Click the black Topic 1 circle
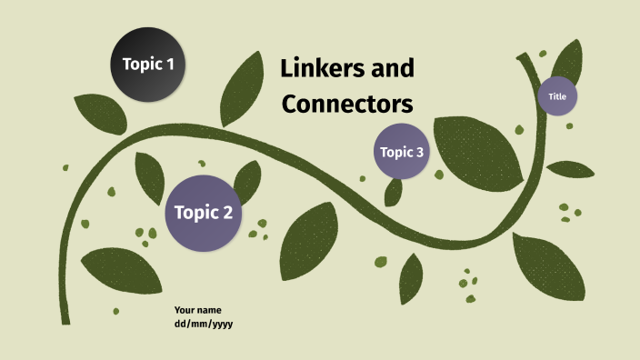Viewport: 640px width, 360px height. (x=148, y=64)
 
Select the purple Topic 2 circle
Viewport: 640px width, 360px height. (x=203, y=213)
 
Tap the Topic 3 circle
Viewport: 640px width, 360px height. (x=401, y=152)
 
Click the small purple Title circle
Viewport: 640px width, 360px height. (x=557, y=95)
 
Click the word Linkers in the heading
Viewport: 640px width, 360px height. (x=320, y=68)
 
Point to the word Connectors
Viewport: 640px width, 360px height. (x=347, y=104)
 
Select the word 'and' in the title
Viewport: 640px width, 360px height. (x=394, y=68)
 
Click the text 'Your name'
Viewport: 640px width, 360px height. (x=197, y=310)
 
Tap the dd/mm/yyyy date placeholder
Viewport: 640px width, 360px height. (x=204, y=324)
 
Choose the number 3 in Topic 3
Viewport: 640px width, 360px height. (x=419, y=152)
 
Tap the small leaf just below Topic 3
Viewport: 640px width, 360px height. (x=394, y=191)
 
